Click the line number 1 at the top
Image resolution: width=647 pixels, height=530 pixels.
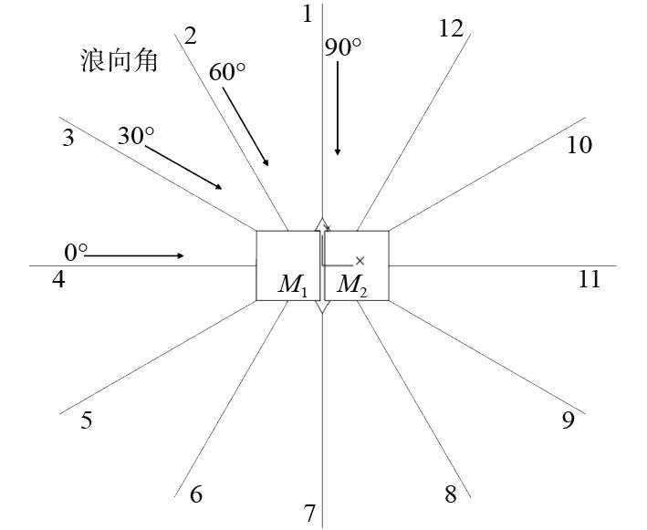click(308, 14)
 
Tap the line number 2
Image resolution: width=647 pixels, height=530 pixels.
click(191, 36)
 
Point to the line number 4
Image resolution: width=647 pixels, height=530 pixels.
click(58, 279)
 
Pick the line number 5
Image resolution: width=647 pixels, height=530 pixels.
click(87, 421)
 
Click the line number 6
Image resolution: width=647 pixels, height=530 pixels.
click(195, 494)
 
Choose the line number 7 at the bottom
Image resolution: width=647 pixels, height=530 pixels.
click(309, 514)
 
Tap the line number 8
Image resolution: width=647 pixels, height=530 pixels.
click(450, 494)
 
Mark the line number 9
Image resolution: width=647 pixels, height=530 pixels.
click(568, 420)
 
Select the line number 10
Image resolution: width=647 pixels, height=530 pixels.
click(579, 145)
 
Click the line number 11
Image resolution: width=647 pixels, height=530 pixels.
click(590, 279)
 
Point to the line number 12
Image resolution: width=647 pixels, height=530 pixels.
click(451, 28)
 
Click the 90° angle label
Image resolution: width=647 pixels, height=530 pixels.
click(343, 48)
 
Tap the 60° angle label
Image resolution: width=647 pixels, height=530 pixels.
click(227, 72)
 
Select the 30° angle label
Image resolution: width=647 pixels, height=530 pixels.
click(136, 136)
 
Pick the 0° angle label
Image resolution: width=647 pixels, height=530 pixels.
click(76, 251)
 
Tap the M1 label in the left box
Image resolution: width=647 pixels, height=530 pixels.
click(293, 285)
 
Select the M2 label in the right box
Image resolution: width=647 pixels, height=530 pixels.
click(352, 285)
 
